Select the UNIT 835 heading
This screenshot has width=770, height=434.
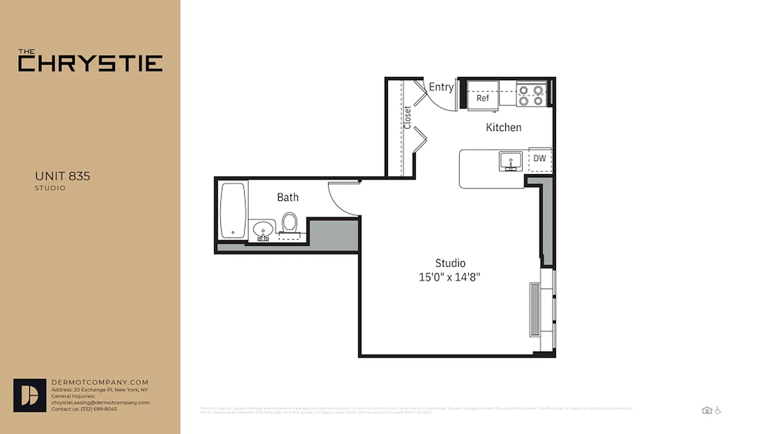tap(62, 176)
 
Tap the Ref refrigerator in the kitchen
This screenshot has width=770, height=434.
tap(483, 97)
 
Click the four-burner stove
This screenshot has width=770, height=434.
tap(530, 94)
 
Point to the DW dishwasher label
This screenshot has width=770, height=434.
tap(539, 158)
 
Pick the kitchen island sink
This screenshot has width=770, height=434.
tap(510, 161)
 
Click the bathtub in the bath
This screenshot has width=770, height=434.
tap(233, 210)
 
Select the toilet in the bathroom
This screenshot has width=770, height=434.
tap(290, 223)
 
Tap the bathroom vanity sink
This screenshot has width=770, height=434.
tap(263, 229)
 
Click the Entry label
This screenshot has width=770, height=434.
tap(441, 87)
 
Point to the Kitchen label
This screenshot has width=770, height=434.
tap(503, 127)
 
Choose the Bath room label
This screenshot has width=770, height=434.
tap(288, 197)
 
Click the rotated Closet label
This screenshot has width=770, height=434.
tap(407, 117)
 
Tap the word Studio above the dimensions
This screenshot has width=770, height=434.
tap(450, 263)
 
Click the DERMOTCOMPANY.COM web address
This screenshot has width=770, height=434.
tap(100, 382)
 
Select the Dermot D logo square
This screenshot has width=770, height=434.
tap(30, 395)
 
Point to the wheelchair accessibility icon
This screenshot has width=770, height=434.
tap(718, 410)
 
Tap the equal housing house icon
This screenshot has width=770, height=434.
tap(707, 410)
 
